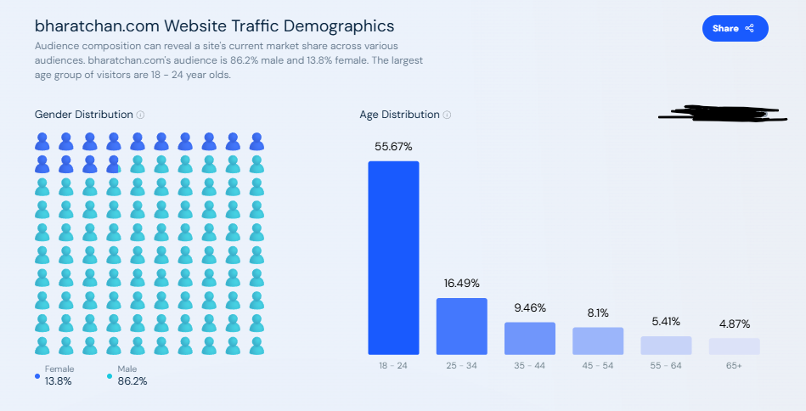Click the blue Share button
(735, 28)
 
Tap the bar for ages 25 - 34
(462, 326)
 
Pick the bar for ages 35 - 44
(530, 338)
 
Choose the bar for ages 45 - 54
(598, 341)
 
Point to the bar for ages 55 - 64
(666, 345)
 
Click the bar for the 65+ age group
(735, 346)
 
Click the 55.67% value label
(393, 147)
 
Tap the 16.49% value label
(462, 284)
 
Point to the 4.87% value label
(735, 324)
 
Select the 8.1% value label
(598, 312)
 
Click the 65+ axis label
(735, 365)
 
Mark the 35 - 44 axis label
(530, 365)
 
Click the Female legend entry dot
(38, 374)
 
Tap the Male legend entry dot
(110, 374)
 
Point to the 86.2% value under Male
(132, 381)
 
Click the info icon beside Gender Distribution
(141, 115)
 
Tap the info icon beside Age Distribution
(448, 115)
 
